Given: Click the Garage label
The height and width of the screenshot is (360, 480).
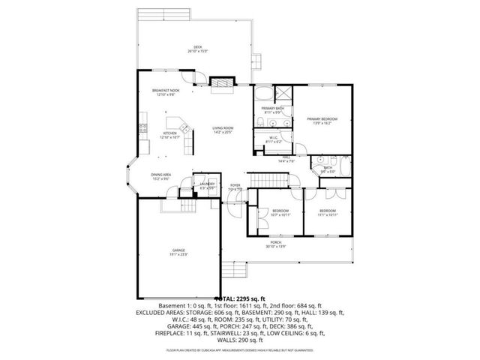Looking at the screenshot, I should point(178,253).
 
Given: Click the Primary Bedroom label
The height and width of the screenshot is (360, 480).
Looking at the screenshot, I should point(321,120).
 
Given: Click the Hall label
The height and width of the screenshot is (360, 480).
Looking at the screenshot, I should point(286,159).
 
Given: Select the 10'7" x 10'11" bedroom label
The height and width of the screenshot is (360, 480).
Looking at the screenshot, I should point(280,213).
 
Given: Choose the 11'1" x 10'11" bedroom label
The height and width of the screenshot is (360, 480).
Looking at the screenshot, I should point(328,213).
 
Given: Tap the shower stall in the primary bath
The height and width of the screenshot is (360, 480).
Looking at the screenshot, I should point(282,94).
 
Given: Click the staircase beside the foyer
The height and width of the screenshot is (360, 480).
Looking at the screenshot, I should point(262,180).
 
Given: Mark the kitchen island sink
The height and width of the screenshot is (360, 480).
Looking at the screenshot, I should point(177,123).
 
